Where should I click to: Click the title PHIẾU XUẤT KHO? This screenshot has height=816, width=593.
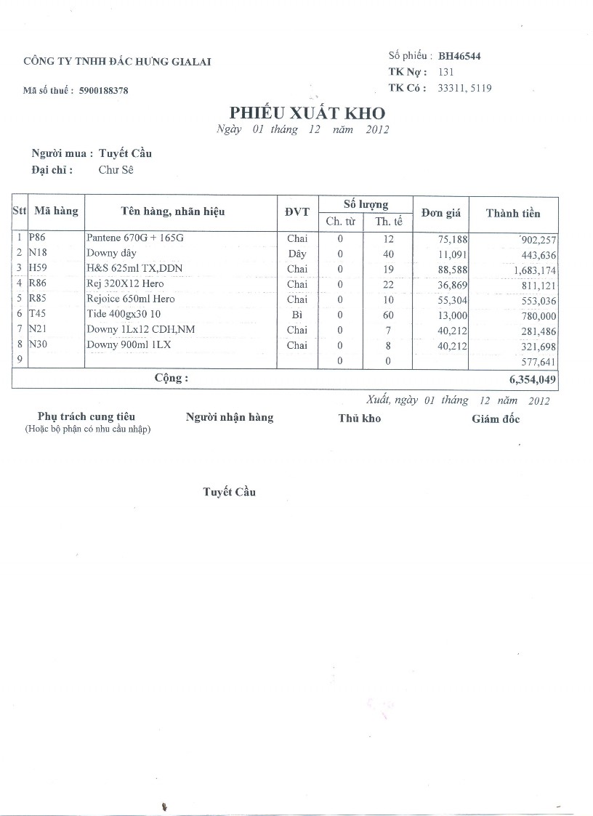[x=307, y=113]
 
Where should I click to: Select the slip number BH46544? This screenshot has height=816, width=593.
[x=459, y=56]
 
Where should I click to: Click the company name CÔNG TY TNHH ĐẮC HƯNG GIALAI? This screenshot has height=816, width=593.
[x=117, y=62]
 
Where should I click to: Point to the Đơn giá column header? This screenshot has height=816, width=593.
[x=441, y=213]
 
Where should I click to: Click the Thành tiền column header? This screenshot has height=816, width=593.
[x=513, y=213]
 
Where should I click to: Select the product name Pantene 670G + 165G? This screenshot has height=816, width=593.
[x=134, y=238]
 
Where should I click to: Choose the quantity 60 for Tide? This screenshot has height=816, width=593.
[x=388, y=315]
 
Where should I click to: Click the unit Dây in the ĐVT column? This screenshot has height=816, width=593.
[x=296, y=254]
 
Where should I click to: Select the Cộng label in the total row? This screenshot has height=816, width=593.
[x=171, y=379]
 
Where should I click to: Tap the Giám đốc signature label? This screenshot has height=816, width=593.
[x=496, y=419]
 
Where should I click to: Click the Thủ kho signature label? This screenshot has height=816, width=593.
[x=359, y=418]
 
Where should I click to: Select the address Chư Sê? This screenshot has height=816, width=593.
[x=116, y=170]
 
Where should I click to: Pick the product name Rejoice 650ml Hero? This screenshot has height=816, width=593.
[x=131, y=299]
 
